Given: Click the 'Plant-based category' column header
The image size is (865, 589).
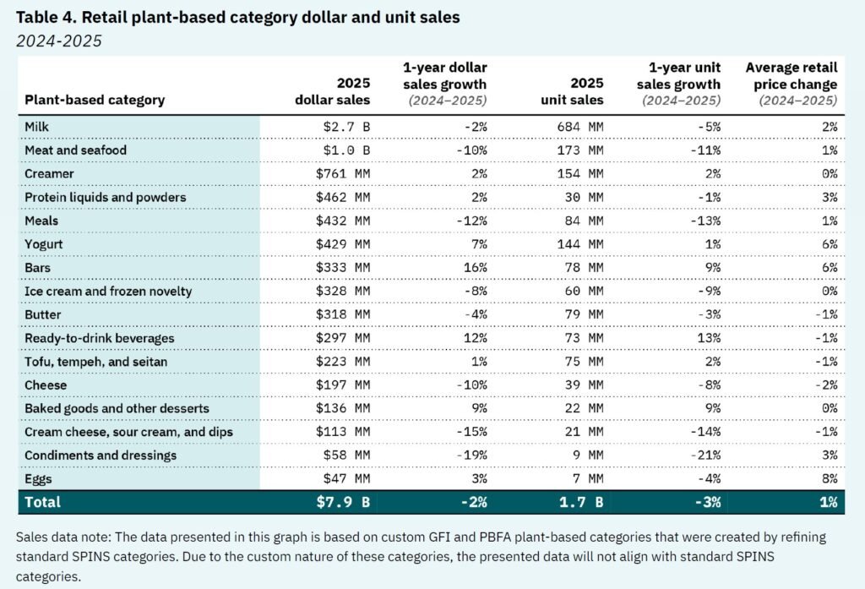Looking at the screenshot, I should [95, 100].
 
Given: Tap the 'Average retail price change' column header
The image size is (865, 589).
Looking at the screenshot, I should [792, 84].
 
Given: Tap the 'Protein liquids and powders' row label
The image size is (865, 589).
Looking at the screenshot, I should [105, 197].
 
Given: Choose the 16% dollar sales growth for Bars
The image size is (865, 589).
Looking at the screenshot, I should [476, 268].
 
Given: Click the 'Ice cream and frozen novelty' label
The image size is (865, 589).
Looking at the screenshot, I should [108, 292].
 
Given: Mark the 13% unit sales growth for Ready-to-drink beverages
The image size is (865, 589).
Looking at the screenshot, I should [709, 338].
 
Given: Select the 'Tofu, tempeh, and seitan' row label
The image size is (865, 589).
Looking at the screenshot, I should [96, 362].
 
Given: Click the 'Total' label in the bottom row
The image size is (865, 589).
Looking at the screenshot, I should [43, 502].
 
